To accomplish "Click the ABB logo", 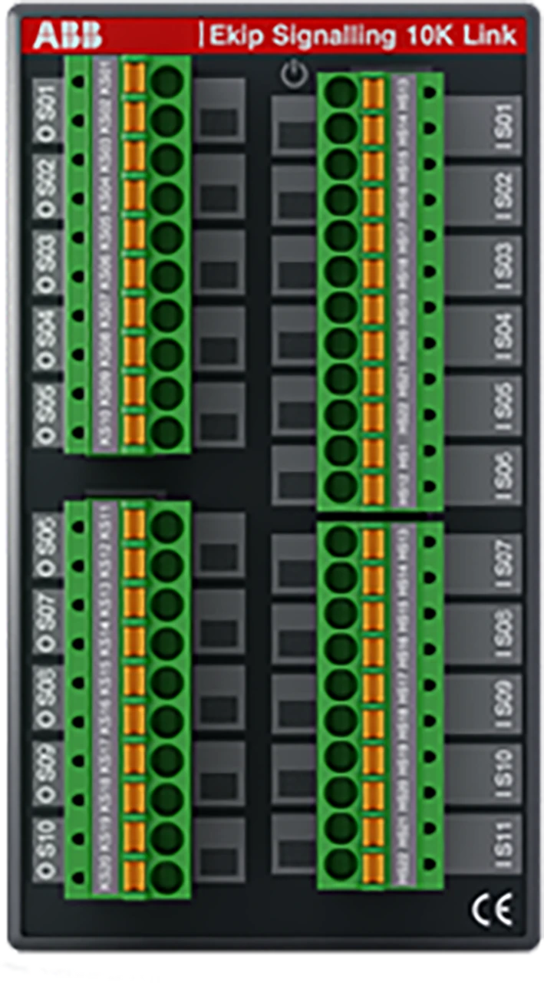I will tap(67, 35).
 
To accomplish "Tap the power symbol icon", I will tap(294, 75).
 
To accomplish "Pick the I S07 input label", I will tap(504, 566).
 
